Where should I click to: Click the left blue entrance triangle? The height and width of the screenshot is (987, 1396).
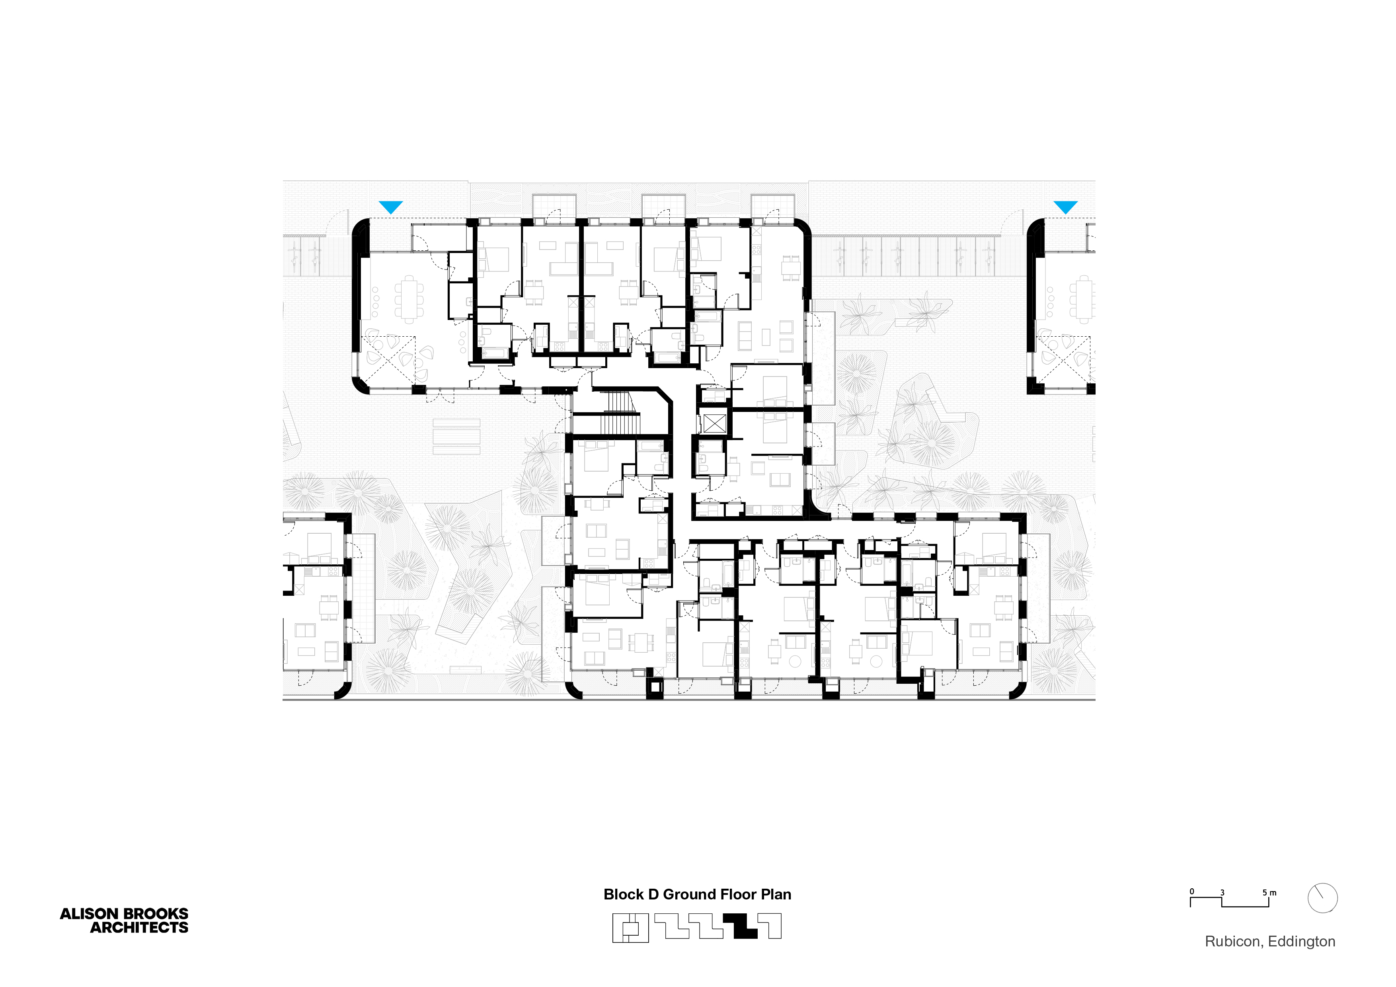[390, 207]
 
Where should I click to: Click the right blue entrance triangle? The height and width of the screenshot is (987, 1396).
[1065, 207]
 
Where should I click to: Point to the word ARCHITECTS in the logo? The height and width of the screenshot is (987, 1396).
[139, 927]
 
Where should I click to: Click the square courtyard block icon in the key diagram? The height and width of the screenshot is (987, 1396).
[630, 928]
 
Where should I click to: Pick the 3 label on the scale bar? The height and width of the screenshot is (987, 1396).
[1222, 893]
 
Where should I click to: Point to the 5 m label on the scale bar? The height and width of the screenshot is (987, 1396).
[1269, 893]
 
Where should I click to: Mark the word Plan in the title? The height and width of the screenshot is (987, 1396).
[776, 895]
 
